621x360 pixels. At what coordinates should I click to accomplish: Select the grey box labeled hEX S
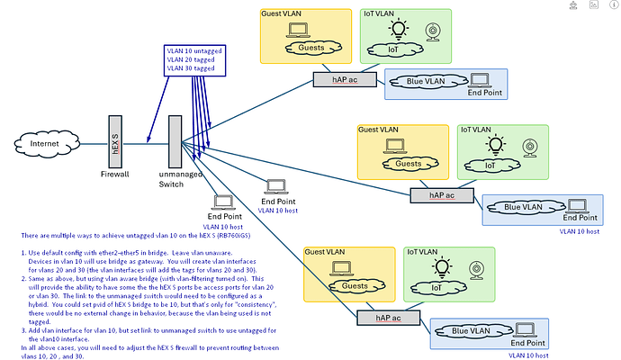pyautogui.click(x=114, y=139)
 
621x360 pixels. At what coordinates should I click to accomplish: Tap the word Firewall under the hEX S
pyautogui.click(x=114, y=175)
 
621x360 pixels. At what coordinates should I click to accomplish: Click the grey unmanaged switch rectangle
pyautogui.click(x=175, y=143)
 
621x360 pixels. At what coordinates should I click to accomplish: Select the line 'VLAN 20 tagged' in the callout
pyautogui.click(x=189, y=59)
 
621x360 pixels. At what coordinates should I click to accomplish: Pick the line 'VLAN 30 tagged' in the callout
pyautogui.click(x=189, y=68)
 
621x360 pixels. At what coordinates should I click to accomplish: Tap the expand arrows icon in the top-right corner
pyautogui.click(x=607, y=6)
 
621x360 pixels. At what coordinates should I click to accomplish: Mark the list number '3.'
pyautogui.click(x=23, y=331)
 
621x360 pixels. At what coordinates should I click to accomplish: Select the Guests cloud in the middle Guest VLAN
pyautogui.click(x=408, y=164)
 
